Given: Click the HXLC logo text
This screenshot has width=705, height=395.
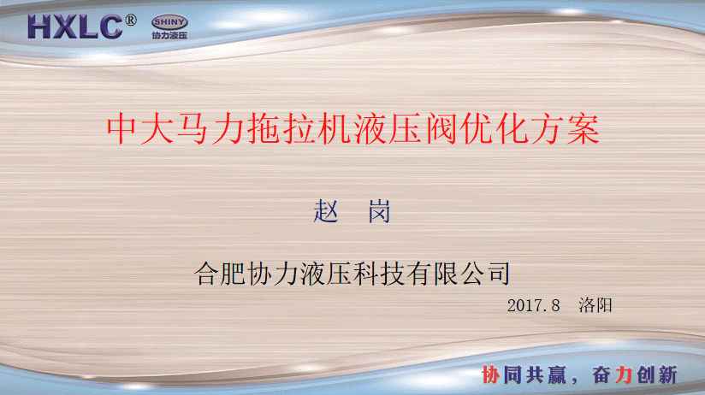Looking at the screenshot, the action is click(x=74, y=27).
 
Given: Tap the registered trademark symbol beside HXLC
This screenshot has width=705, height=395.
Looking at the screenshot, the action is click(x=130, y=21).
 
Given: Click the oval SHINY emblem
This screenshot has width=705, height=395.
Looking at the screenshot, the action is click(x=169, y=22).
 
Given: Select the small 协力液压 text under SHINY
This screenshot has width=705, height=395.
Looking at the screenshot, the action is click(x=169, y=35).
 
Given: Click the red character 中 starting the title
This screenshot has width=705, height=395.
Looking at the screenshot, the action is click(x=121, y=129).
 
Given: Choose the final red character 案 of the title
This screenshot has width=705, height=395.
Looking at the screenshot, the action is click(x=584, y=129).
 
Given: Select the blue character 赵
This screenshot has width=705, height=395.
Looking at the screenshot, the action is click(x=326, y=211).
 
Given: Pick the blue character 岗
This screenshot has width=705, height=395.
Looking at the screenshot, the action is click(x=379, y=211).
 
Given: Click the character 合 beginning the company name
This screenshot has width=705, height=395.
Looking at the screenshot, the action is click(x=207, y=274).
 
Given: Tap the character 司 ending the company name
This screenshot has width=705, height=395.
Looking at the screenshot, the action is click(x=499, y=274).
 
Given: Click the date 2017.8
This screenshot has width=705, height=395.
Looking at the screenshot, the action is click(x=533, y=305).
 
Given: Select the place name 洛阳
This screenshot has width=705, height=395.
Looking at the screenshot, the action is click(x=595, y=305).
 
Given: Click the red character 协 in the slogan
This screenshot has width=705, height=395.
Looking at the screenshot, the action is click(x=490, y=374).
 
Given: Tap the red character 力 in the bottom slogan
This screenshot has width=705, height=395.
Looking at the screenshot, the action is click(x=624, y=374).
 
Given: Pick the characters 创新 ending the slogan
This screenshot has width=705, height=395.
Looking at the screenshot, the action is click(x=657, y=374).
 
